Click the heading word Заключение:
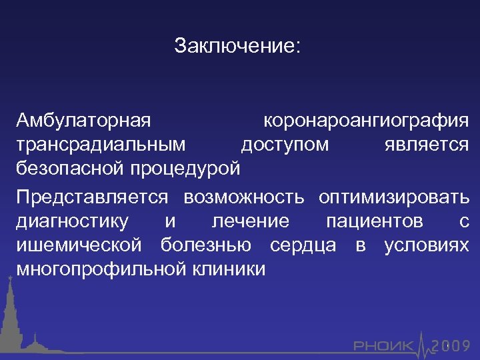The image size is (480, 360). point(237,46)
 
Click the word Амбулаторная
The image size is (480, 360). point(84,121)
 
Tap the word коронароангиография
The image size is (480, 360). point(366,121)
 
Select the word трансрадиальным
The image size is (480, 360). point(102,145)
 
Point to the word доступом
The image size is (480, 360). point(285,145)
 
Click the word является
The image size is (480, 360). point(427,145)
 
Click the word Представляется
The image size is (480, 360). point(93,197)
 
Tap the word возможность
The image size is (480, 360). point(244,197)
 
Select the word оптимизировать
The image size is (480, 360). point(393,197)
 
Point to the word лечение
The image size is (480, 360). point(250,221)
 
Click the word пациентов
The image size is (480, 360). point(374,221)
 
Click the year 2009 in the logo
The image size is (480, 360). point(451,345)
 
